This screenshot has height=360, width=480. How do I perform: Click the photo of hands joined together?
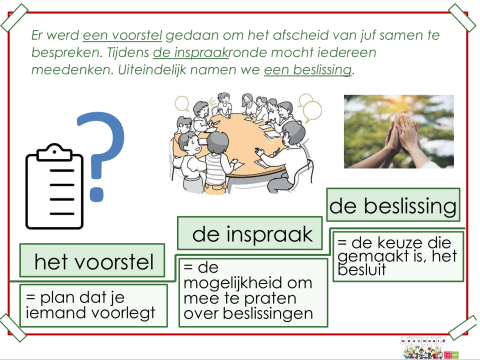pos(397,133)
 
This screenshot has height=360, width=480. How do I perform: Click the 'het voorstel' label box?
pos(93,263)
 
